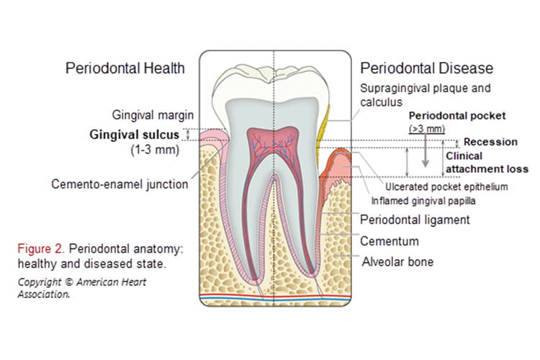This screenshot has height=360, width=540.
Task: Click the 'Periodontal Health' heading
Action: [125, 69]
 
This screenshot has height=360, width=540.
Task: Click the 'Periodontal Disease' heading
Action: [426, 69]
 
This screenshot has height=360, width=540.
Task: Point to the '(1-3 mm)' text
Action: [154, 151]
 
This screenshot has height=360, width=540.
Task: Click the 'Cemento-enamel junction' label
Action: [120, 184]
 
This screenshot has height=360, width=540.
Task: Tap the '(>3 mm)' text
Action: [424, 129]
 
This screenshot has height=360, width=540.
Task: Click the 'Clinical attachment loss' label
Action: [487, 163]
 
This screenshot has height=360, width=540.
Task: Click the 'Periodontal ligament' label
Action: [414, 220]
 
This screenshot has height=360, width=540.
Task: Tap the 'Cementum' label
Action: [390, 240]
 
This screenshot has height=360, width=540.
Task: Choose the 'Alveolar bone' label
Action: [397, 261]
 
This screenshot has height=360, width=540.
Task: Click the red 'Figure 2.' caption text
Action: [39, 248]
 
